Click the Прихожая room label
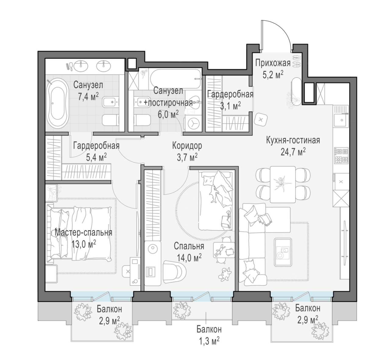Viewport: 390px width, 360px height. pos(273,63)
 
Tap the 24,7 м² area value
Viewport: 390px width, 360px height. pos(293,152)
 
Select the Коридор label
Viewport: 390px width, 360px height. pos(187,146)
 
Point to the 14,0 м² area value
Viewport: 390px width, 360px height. pos(189,257)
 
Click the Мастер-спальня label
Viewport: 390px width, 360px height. pos(83,232)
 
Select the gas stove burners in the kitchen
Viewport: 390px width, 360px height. pos(342,156)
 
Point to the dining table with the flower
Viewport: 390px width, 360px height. pos(283,184)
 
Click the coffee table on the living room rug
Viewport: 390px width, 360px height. pos(283,252)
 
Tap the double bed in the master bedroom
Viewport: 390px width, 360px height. pos(79,234)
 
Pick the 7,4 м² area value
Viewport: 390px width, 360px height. pos(88,97)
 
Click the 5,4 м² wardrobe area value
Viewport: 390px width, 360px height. pos(96,157)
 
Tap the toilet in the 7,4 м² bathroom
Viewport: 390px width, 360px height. pos(110,120)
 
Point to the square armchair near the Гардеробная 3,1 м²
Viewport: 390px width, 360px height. pos(261,119)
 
